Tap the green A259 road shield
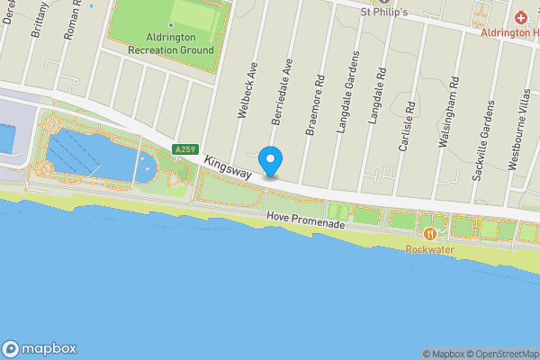[185, 149]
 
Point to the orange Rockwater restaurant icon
[431, 234]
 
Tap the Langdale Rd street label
[378, 97]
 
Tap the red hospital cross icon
[521, 18]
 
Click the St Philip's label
[384, 12]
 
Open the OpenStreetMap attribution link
[494, 354]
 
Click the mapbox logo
[40, 348]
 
